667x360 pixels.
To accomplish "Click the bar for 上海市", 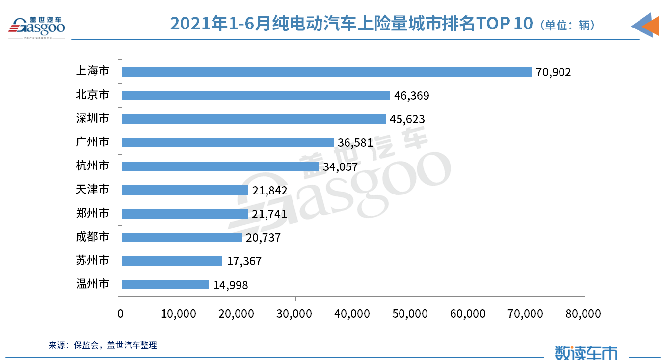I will coord(327,72).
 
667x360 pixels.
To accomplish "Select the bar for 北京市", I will coord(256,95).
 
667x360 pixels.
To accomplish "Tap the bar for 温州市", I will coord(165,285).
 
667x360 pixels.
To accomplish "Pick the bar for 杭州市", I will coord(220,166).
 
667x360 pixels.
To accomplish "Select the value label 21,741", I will coord(269,214).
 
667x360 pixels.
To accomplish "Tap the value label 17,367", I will coord(244,261).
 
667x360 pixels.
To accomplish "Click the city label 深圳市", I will coord(92,119).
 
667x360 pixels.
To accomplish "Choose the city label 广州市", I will coord(92,142).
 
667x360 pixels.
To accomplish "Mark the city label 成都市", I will coord(92,237).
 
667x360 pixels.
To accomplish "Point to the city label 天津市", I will coord(92,190).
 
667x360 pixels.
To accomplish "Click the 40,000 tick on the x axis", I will coord(353,313).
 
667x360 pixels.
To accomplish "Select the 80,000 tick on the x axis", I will coord(584,313).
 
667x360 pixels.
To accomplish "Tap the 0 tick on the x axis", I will coord(121,313).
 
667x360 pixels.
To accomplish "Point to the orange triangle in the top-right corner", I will coord(650,26).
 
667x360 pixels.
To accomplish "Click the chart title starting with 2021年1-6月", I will coord(351,24).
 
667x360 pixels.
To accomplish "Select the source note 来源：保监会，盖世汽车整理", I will coord(103,345).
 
